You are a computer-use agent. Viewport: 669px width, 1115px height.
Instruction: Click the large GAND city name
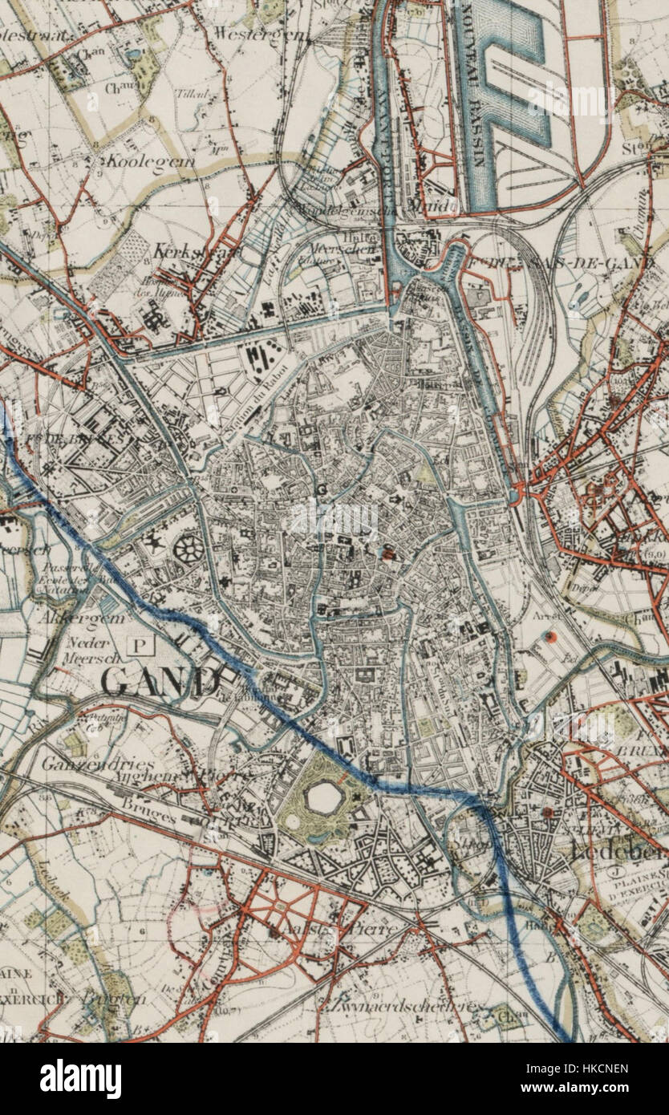(x=160, y=683)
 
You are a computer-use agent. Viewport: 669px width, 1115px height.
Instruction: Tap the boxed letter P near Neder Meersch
(x=142, y=643)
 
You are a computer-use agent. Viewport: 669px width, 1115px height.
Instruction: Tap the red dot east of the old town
(x=549, y=637)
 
